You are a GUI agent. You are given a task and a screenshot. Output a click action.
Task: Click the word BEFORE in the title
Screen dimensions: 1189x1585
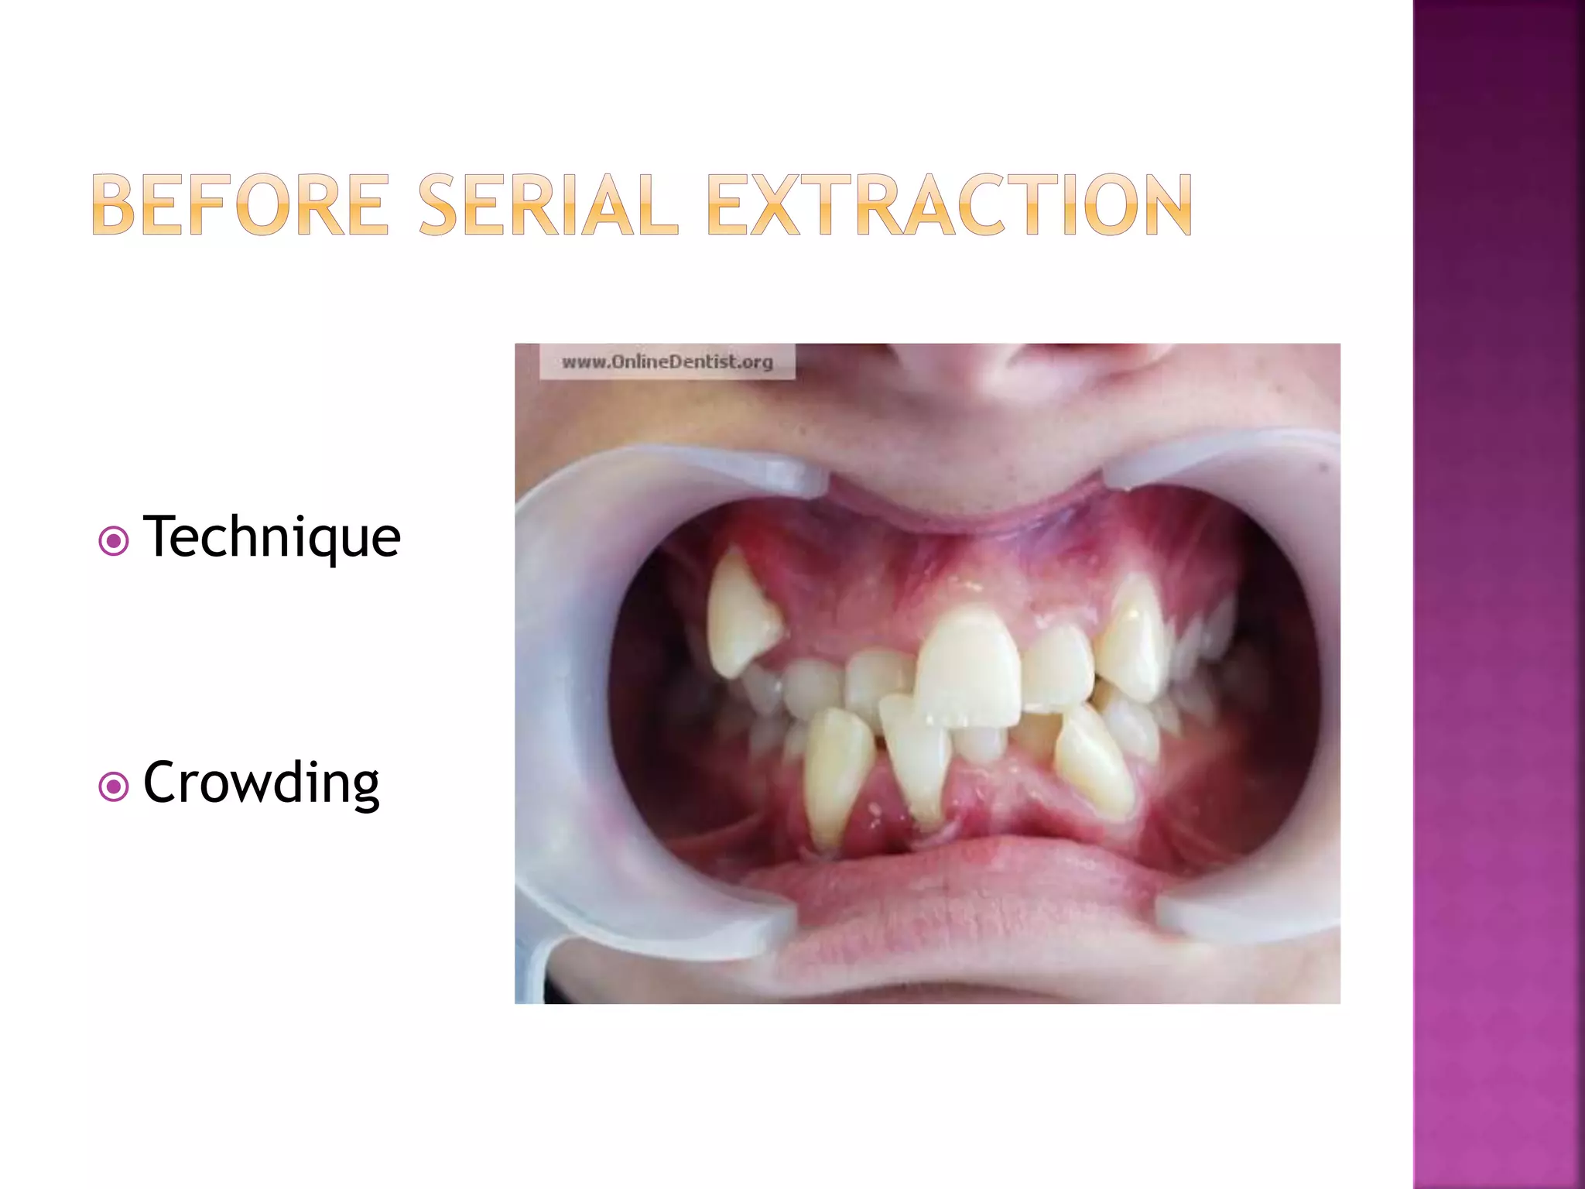tap(240, 204)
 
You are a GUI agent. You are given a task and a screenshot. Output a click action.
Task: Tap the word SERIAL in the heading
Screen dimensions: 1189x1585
tap(548, 204)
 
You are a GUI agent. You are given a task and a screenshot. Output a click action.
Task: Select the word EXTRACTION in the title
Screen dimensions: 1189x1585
tap(949, 204)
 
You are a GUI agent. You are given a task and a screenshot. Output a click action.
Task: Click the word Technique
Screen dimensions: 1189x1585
tap(272, 536)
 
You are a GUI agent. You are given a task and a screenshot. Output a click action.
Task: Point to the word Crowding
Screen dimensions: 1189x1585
tap(261, 783)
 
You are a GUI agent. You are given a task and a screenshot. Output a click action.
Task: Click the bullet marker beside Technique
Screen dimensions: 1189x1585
tap(114, 541)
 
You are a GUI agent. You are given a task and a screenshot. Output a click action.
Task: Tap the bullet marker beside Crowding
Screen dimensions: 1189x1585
tap(114, 787)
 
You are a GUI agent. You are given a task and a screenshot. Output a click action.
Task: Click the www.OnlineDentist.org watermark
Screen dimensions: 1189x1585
tap(667, 361)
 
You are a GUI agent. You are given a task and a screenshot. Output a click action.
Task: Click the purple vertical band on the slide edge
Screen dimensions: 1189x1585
tap(1498, 594)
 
